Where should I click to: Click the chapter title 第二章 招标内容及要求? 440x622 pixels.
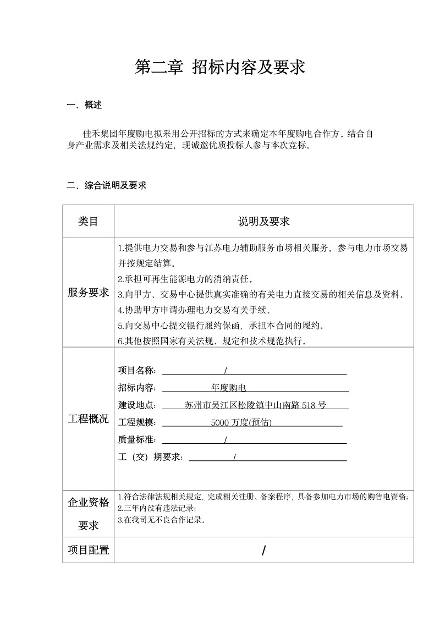tap(220, 68)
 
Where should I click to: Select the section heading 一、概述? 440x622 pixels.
tap(84, 105)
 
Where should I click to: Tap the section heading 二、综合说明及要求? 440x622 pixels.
tap(107, 185)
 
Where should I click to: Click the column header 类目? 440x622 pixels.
tap(88, 221)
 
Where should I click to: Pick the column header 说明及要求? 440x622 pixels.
tap(263, 221)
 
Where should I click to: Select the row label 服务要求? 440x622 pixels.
tap(88, 293)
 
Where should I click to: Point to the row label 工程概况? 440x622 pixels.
tap(88, 419)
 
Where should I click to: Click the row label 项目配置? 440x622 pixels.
tap(88, 550)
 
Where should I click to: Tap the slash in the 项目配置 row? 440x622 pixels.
tap(264, 551)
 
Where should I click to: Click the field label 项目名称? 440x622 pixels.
tap(137, 370)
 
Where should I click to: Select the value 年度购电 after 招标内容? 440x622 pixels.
tap(229, 388)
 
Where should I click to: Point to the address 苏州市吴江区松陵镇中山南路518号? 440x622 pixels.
tap(255, 405)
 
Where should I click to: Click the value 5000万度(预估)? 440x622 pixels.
tap(241, 422)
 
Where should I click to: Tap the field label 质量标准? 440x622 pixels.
tap(137, 439)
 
